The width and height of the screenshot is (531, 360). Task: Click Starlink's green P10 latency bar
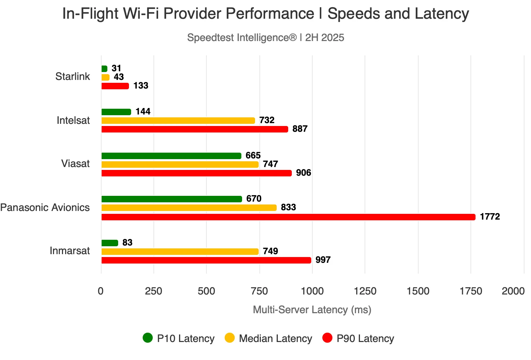point(104,69)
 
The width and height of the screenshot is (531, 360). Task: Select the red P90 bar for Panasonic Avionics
point(289,217)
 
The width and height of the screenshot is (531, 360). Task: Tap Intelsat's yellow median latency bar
point(178,121)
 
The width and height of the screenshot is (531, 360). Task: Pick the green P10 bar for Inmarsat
point(110,243)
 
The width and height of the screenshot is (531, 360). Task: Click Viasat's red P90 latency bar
point(197,173)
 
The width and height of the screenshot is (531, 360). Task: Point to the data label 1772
point(490,216)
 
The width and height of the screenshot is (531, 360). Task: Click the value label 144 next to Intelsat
point(143,111)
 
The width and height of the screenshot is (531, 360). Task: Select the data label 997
point(323,260)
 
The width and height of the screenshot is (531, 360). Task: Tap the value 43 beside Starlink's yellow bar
point(119,77)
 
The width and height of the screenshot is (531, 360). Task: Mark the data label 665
point(253,156)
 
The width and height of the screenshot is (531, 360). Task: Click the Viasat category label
point(75,163)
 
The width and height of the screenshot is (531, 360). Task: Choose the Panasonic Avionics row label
point(45,207)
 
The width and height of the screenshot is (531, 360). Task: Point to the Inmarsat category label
point(70,251)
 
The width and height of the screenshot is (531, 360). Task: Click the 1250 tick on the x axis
point(365,291)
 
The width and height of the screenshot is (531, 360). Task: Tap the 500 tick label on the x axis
point(206,291)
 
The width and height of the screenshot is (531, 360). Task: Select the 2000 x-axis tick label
point(513,291)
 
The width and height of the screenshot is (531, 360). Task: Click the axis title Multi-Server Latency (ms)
point(312,310)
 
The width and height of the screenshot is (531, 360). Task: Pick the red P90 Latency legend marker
point(327,338)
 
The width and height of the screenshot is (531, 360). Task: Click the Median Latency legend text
point(276,338)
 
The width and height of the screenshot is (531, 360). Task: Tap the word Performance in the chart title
point(270,14)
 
